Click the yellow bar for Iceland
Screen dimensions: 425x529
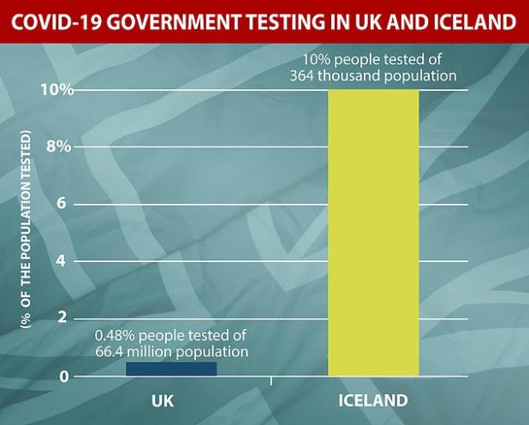coord(373,231)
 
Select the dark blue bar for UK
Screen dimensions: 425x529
coord(171,368)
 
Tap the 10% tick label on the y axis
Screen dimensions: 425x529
coord(59,90)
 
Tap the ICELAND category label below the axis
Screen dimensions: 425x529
coord(373,400)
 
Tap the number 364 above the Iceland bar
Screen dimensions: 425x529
coord(307,75)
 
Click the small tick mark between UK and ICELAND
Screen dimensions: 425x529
coord(271,380)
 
